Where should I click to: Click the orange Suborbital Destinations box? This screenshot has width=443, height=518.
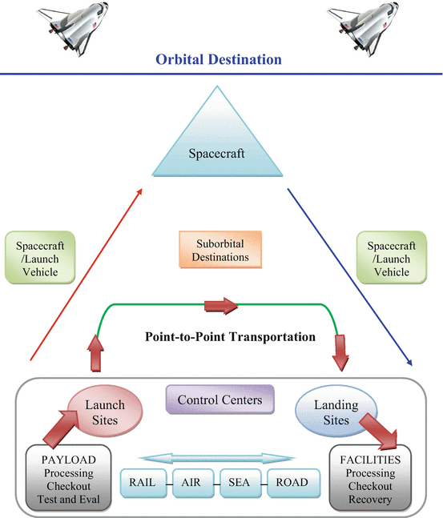(x=218, y=250)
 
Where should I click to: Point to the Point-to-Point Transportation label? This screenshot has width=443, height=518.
(x=230, y=337)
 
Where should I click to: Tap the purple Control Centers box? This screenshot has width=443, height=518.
(x=219, y=400)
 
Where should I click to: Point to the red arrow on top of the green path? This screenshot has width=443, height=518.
(x=222, y=305)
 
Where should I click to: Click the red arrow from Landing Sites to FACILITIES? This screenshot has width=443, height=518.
(x=382, y=431)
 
